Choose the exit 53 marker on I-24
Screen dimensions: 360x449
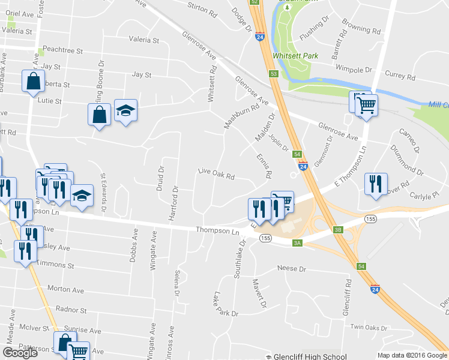(x=274, y=73)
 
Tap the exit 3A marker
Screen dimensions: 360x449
(x=297, y=242)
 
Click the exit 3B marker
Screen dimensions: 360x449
(x=338, y=229)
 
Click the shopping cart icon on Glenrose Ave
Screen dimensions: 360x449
(x=366, y=105)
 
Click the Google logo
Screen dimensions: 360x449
(x=20, y=353)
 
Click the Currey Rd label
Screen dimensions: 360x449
(x=400, y=76)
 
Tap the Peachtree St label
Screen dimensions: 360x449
(x=62, y=51)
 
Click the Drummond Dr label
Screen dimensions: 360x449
(x=406, y=160)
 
